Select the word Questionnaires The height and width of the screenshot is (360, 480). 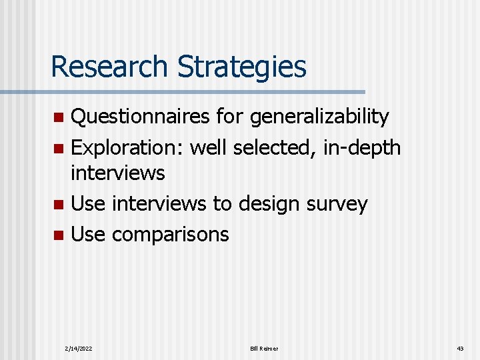141,117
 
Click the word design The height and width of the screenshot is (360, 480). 263,204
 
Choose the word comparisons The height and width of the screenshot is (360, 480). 170,235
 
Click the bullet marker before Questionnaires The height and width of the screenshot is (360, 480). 59,118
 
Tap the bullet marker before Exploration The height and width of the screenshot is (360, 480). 59,147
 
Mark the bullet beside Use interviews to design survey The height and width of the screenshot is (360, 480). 59,205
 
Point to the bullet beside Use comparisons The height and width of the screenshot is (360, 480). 59,235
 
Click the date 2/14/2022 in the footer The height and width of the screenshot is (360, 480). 79,349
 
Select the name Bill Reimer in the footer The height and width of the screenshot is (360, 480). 264,349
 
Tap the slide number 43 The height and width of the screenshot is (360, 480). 460,349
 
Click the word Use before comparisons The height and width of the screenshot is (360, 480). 88,234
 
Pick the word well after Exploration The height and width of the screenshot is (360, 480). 208,147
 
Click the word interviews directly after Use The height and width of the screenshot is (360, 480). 159,204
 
